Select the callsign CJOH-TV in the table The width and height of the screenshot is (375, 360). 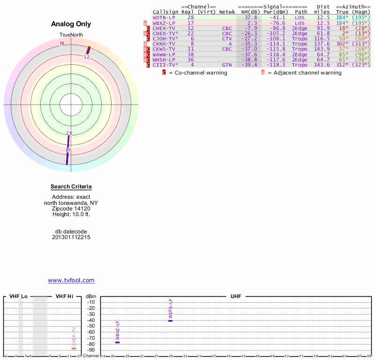tap(165, 38)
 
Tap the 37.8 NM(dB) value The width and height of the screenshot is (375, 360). tap(252, 17)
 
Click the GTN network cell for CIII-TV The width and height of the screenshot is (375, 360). tap(227, 65)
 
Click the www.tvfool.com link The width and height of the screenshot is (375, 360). tap(71, 280)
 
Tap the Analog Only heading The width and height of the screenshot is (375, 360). tap(71, 24)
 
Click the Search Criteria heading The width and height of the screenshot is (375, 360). tap(71, 187)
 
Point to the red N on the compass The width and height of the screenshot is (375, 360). tap(61, 43)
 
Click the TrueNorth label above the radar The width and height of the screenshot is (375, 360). tap(71, 35)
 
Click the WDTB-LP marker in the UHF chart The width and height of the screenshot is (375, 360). tap(171, 321)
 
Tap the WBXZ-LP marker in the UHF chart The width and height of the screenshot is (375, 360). tap(117, 342)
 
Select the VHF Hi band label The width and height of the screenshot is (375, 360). tap(65, 297)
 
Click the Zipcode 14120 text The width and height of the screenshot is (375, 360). tap(71, 209)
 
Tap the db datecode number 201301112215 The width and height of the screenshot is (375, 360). tap(71, 237)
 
